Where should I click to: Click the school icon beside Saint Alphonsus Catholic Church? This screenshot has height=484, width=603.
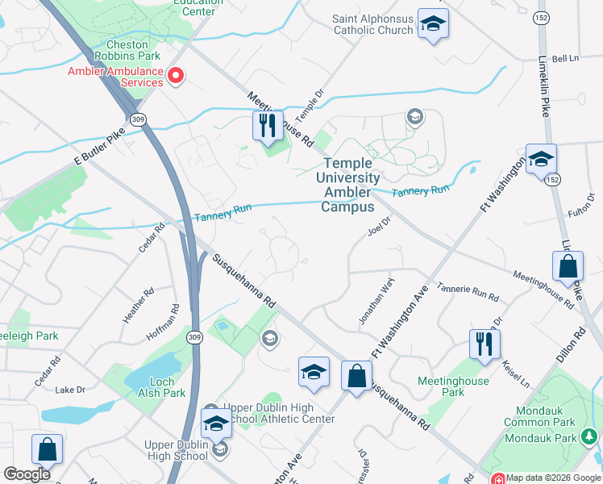coord(432,24)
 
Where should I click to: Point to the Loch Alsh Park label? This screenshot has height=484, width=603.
coord(161,387)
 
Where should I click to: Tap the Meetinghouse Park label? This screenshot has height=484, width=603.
coord(441,386)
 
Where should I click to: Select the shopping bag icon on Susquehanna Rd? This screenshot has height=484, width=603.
coord(356,376)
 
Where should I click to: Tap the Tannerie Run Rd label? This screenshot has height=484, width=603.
coord(468,291)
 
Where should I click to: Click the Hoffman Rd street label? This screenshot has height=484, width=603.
coord(162,322)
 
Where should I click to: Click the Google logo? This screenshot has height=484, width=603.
coord(27,474)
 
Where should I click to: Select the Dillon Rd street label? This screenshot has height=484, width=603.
coord(579,343)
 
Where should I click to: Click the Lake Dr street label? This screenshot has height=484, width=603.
coord(70,390)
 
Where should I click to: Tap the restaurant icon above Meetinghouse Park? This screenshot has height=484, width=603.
coord(484,344)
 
